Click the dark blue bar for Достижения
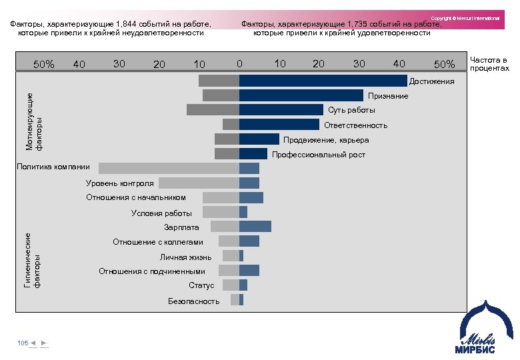[x=323, y=81]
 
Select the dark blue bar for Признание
[x=301, y=95]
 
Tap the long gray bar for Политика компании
[x=168, y=169]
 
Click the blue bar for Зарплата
[x=255, y=227]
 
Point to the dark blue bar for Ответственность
[x=279, y=125]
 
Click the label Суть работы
[x=351, y=110]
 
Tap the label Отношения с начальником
[x=136, y=197]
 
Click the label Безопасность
[x=194, y=301]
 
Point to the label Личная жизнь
[x=186, y=257]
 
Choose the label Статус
[x=201, y=285]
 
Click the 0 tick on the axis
[x=239, y=64]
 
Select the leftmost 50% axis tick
[x=44, y=65]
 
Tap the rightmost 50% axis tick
[x=444, y=64]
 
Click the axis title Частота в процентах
[x=489, y=64]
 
